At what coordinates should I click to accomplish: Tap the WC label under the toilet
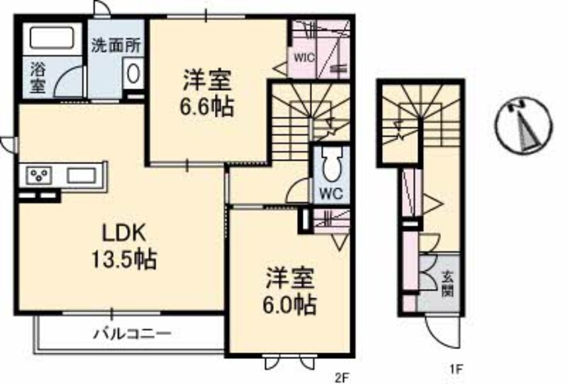point(328,193)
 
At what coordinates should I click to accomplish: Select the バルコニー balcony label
point(132,333)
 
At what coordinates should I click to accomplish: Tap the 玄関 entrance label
point(446,283)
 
